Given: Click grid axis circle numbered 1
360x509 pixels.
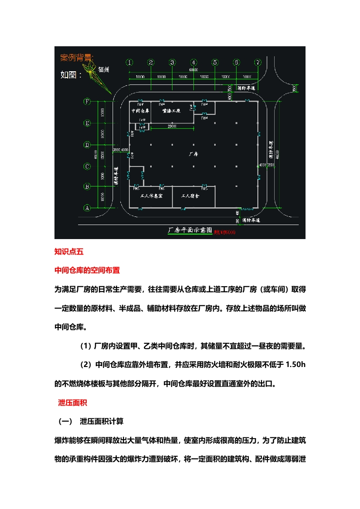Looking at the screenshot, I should point(130,63).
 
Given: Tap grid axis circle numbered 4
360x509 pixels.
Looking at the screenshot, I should point(194,63).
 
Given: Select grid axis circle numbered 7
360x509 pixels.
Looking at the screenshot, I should point(258,63).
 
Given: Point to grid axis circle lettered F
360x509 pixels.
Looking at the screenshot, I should point(87,102).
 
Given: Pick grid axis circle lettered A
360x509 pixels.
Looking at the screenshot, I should point(87,208).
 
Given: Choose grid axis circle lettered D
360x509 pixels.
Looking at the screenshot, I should point(87,145).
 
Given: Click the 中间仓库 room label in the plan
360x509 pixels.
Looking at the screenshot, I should point(140,111).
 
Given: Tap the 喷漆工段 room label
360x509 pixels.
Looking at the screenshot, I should point(172,111).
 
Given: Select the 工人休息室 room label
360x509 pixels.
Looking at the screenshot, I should point(152,196).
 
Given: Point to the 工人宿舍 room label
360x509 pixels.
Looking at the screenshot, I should point(191,196).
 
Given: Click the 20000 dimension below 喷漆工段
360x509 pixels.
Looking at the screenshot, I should point(172,126).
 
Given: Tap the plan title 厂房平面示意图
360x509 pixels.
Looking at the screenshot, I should point(190,230).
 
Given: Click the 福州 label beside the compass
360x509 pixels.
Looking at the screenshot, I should point(104,70).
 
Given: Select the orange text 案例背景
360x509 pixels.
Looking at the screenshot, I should point(77,58).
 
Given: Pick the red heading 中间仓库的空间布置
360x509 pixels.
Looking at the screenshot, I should point(87,270).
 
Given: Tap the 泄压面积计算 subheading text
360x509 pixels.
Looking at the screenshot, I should point(101,421).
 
